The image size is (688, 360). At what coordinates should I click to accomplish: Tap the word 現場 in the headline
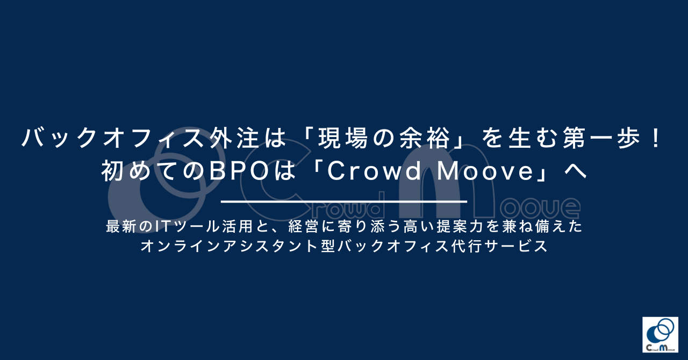point(342,138)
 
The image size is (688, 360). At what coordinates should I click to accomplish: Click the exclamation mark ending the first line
point(657,138)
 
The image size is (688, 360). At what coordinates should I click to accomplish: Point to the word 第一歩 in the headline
point(602,138)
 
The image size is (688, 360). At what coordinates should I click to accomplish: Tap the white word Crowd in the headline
point(374,171)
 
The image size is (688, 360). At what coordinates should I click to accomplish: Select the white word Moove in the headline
point(485,171)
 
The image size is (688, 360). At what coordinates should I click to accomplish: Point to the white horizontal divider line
point(344,201)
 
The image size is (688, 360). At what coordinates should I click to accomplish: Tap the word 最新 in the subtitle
point(120,226)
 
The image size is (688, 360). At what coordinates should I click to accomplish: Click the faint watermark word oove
point(540,208)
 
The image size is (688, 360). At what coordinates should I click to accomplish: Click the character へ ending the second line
point(576,171)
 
